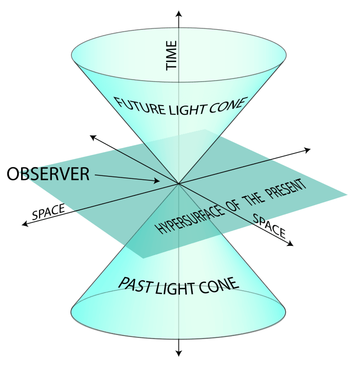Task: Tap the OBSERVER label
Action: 48,174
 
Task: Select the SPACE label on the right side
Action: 270,225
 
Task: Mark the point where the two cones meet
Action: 179,184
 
